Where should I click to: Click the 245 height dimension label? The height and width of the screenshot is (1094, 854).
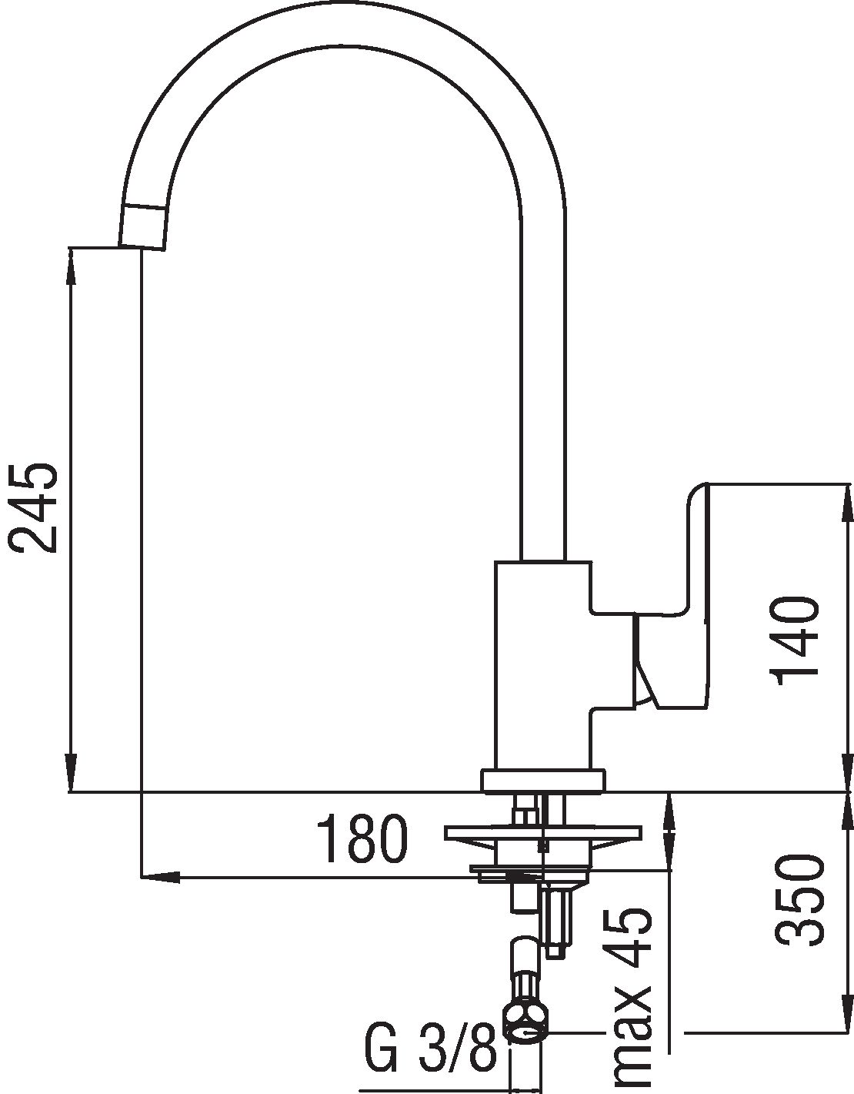[32, 507]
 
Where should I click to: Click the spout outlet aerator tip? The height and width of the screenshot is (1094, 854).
[143, 226]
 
